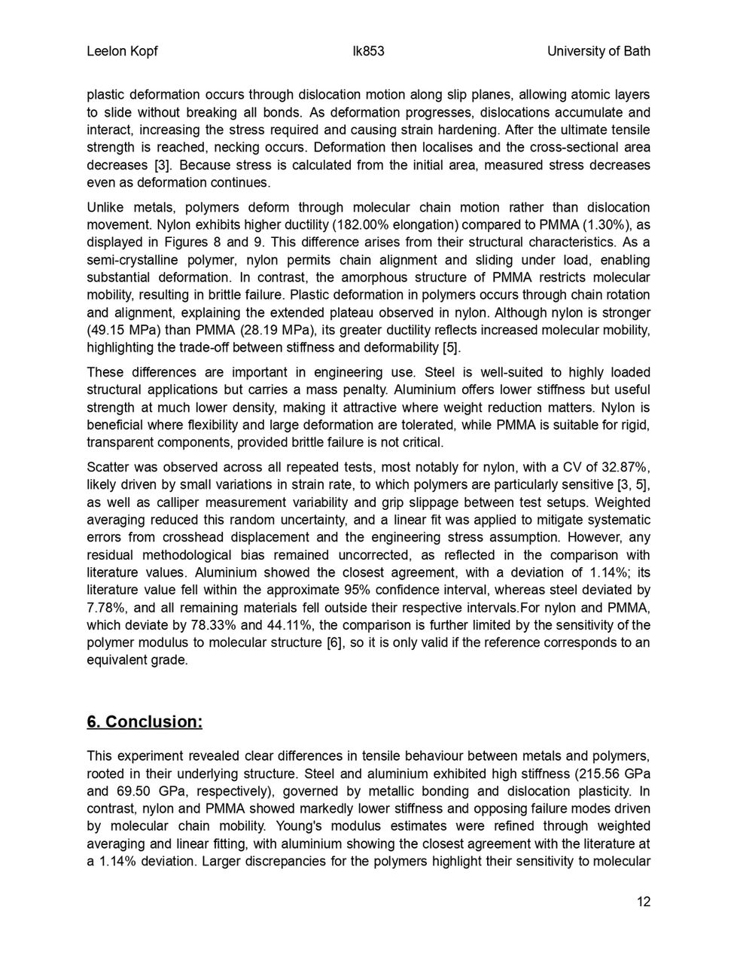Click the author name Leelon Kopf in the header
click(x=122, y=51)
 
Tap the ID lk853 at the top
click(x=368, y=51)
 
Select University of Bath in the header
click(x=598, y=51)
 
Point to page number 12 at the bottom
click(x=643, y=902)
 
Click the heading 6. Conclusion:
click(x=145, y=722)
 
